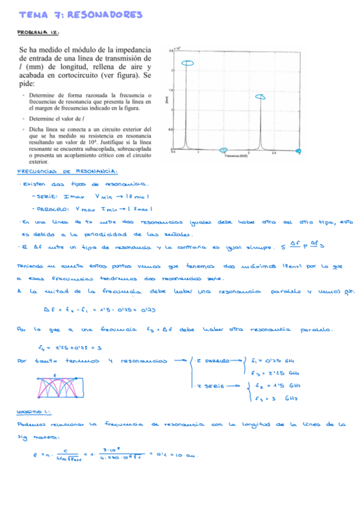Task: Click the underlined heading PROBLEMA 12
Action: click(38, 33)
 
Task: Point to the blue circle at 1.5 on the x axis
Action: click(224, 150)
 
